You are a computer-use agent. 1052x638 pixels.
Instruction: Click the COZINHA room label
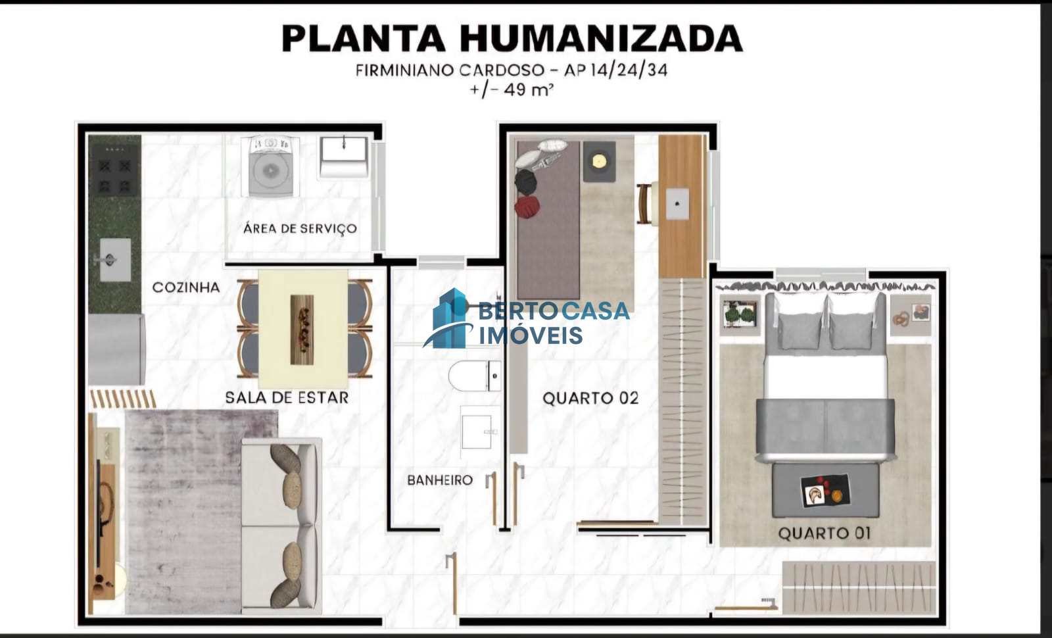coord(186,287)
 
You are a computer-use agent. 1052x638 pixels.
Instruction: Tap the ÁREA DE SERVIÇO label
coord(300,228)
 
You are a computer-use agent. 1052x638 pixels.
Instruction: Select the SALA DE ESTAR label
coord(287,397)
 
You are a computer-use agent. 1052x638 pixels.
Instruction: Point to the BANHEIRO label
coord(440,479)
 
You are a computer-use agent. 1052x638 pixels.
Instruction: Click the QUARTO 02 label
coord(590,399)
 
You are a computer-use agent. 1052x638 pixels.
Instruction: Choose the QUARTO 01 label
coord(825,533)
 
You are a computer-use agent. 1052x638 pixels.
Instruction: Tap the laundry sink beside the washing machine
coord(343,157)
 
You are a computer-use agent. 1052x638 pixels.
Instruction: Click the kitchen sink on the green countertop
coord(114,259)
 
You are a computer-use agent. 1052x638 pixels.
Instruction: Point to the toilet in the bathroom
coord(474,376)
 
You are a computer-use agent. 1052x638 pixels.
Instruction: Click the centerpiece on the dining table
coord(302,330)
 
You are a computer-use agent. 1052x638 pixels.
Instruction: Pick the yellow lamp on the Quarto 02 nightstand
coord(599,162)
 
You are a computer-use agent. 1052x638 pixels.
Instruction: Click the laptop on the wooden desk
coord(677,203)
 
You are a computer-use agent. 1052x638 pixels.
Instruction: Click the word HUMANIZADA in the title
coord(601,38)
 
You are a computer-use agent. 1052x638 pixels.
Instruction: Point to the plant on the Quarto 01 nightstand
coord(740,313)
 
